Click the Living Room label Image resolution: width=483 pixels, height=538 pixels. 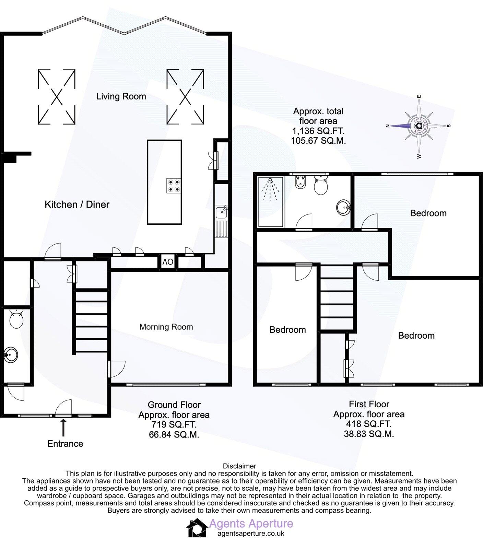tap(121, 96)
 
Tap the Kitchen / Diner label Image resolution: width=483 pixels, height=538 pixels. tap(77, 204)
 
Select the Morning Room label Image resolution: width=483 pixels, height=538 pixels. tap(166, 327)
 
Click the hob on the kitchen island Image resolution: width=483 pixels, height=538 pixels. tap(174, 186)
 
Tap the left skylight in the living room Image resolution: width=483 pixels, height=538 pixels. tap(56, 96)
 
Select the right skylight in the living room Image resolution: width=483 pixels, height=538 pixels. tap(185, 96)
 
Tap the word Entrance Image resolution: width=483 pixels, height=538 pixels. tap(65, 444)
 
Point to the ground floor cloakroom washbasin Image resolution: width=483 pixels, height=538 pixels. tap(11, 354)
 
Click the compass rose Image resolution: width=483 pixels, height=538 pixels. tap(418, 126)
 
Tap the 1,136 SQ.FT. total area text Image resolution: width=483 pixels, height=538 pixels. tap(318, 131)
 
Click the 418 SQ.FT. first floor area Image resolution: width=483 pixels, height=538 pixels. tap(368, 424)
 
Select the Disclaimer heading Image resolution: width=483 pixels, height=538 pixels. tap(239, 466)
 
